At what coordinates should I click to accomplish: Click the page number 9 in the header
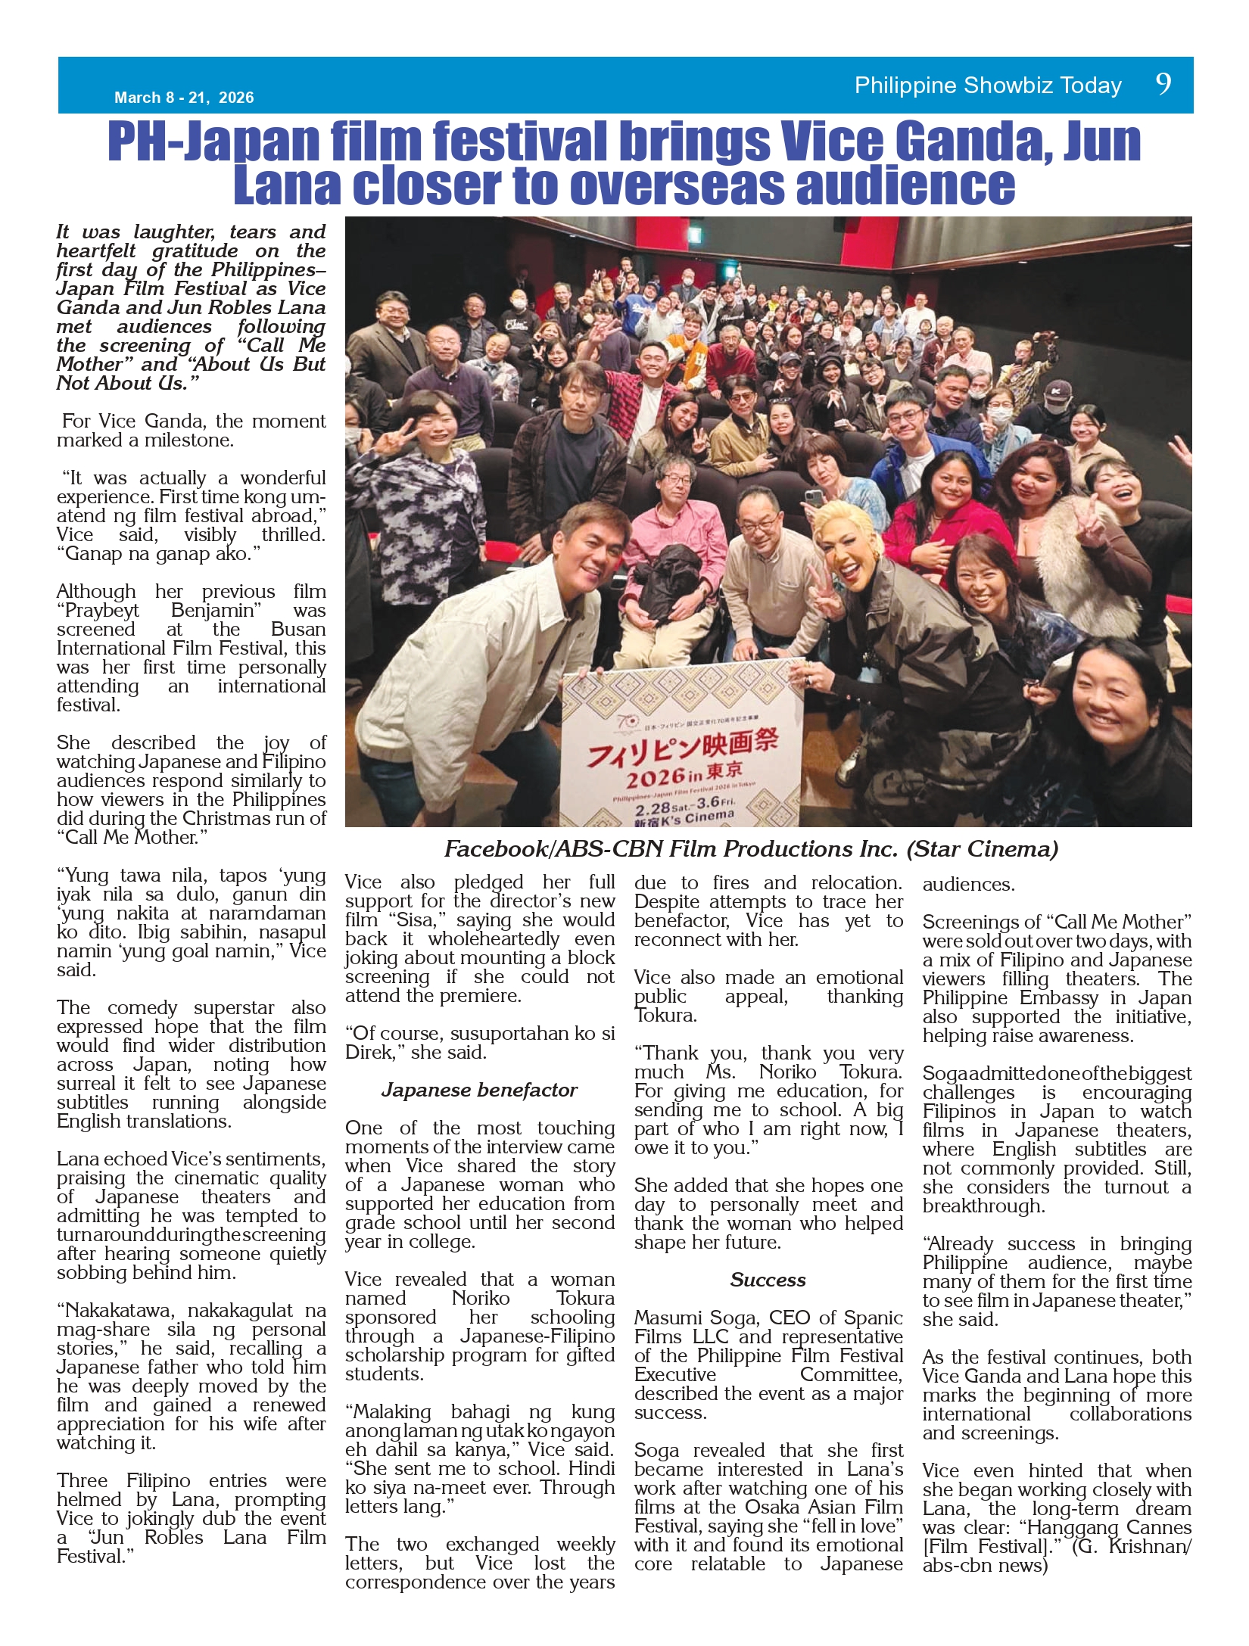click(x=1163, y=83)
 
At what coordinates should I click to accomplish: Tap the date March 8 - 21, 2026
click(x=184, y=98)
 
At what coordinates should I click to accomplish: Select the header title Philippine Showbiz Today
click(x=988, y=86)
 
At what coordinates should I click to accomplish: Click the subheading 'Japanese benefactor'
click(x=479, y=1090)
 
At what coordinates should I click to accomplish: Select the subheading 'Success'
click(x=768, y=1280)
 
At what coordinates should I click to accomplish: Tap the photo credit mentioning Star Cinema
click(x=751, y=849)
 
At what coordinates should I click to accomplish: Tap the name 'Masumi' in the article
click(x=667, y=1318)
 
